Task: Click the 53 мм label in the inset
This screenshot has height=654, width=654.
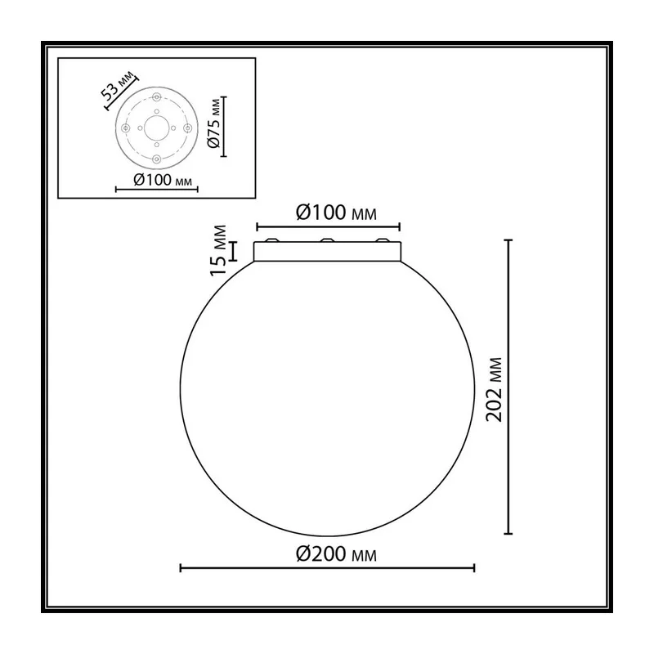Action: tap(119, 86)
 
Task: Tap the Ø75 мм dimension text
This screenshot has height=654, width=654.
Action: tap(213, 123)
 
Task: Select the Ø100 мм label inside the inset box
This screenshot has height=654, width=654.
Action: tap(162, 180)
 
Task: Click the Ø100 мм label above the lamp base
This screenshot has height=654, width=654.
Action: tap(336, 213)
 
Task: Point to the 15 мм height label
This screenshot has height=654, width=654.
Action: tap(218, 250)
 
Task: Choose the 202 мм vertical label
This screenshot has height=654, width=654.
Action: tap(495, 390)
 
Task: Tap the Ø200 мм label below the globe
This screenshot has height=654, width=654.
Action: tap(336, 554)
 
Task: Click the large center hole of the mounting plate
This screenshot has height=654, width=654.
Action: tap(156, 128)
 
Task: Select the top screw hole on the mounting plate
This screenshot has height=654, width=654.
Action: tap(156, 97)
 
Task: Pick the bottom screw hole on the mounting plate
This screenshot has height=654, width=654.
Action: tap(156, 159)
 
